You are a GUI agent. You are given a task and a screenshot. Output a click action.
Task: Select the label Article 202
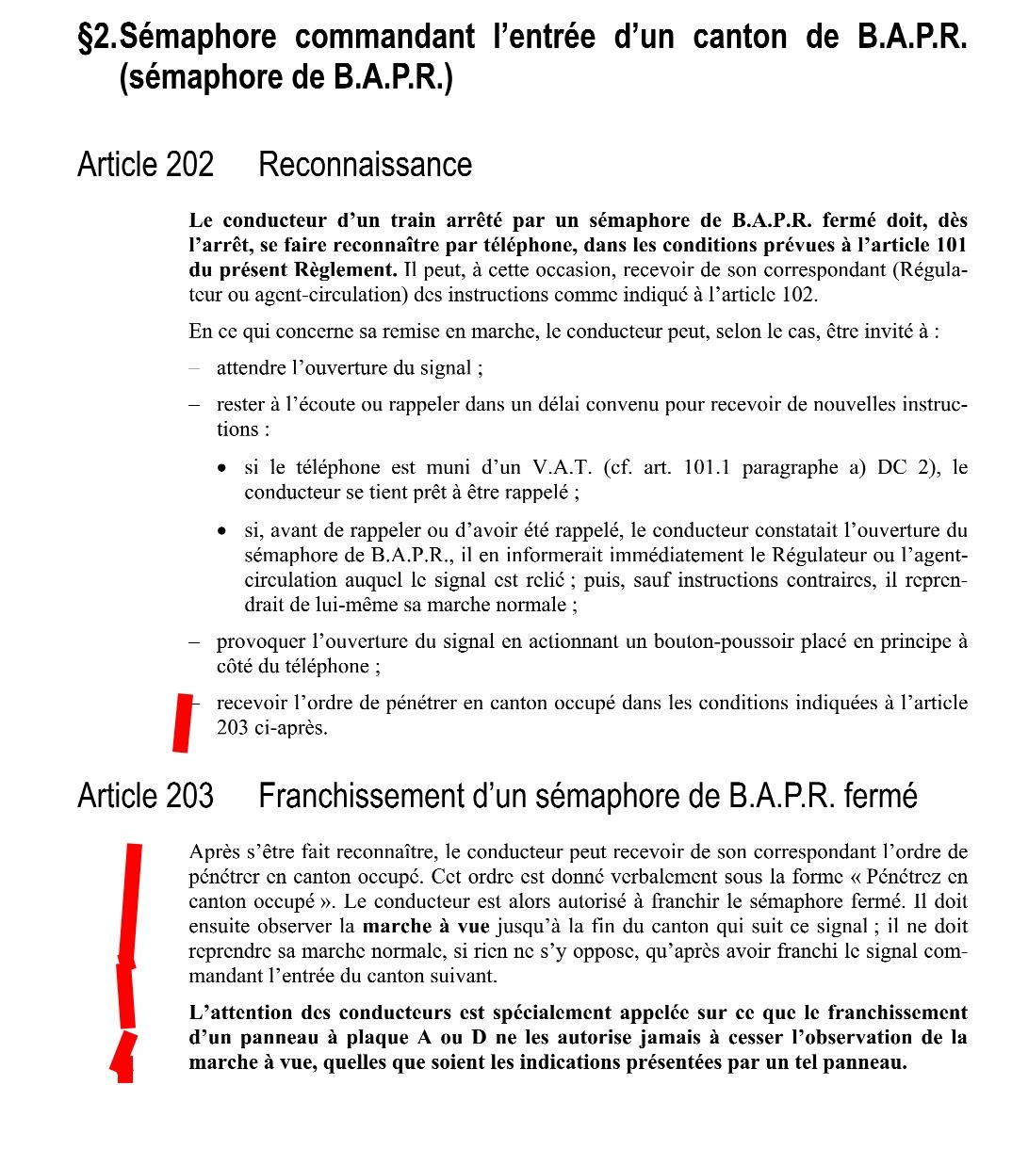145,165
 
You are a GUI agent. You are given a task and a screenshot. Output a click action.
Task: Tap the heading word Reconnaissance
365,165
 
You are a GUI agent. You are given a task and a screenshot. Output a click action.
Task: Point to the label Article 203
145,796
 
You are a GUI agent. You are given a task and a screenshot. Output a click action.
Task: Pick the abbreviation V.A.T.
561,468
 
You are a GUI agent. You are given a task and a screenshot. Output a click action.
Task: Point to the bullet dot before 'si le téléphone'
221,468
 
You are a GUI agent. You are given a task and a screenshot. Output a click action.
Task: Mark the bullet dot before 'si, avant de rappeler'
221,531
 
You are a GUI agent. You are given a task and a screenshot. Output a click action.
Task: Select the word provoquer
257,642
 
